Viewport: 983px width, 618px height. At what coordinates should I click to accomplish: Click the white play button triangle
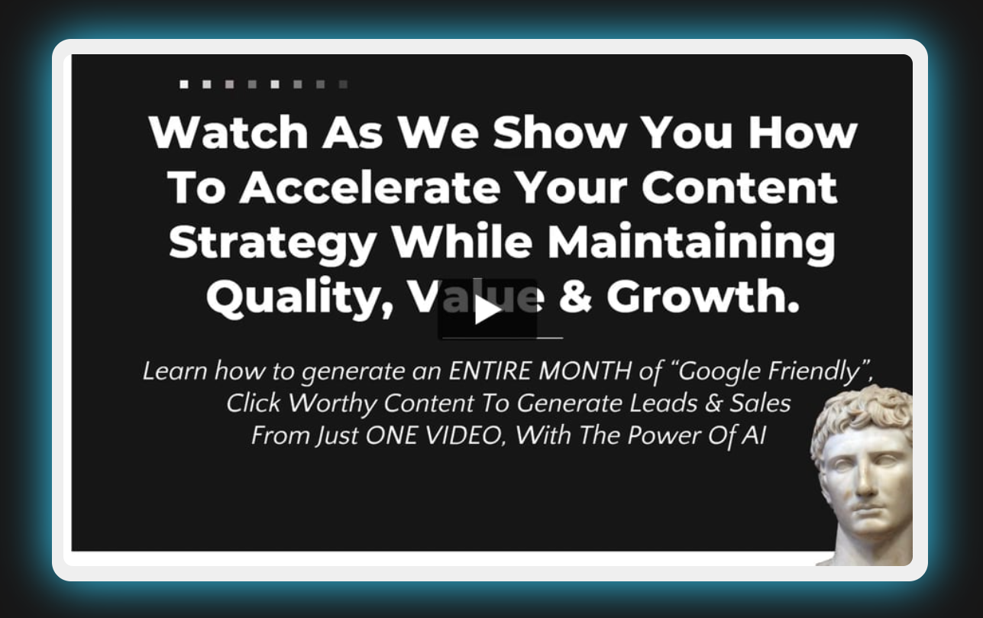[487, 310]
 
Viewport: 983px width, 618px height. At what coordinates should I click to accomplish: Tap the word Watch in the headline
[228, 133]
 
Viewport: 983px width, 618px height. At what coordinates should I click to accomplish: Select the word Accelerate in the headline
[370, 188]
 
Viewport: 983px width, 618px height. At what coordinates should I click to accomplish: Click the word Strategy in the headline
[273, 244]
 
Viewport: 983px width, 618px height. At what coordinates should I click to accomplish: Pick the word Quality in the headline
[299, 298]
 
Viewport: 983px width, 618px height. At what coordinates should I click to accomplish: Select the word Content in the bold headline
[739, 188]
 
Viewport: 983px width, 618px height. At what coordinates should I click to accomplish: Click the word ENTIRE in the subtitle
[490, 371]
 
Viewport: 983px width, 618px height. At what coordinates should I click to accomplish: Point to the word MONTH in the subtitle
[585, 371]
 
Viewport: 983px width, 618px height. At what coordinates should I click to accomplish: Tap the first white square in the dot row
[184, 84]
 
